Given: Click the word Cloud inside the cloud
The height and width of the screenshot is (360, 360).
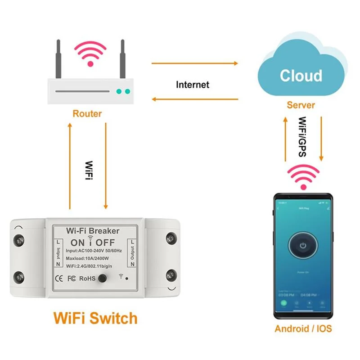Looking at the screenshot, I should point(301,76).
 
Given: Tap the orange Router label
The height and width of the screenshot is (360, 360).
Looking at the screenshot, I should point(87,113).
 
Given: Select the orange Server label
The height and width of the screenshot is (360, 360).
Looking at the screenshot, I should point(301,105).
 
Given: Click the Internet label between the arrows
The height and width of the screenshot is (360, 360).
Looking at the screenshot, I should point(193,84).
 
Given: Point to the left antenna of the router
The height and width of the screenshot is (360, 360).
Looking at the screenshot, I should point(58,58).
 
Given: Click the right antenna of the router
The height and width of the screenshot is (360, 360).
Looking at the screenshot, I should point(121,58).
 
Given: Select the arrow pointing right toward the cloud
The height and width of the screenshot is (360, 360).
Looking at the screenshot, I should point(194,63).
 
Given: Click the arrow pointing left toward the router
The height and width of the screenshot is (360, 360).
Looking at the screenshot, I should point(194,99).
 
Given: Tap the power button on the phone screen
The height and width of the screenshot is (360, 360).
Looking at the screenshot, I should point(303,246).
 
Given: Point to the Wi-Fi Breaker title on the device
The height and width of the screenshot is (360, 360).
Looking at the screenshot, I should point(93,231).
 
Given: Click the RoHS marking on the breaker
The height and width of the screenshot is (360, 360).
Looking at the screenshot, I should point(87,279).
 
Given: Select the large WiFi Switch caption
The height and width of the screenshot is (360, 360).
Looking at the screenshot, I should point(95,318).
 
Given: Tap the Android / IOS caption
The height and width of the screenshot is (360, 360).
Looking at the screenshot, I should point(303,328).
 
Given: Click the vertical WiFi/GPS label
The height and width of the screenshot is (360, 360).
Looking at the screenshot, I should point(303,137).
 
